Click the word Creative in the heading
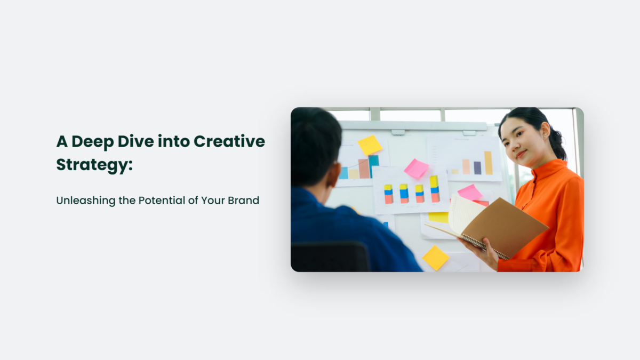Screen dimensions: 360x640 [229, 142]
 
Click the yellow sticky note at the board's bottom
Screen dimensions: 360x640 [436, 258]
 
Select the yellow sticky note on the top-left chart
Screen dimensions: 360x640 [370, 145]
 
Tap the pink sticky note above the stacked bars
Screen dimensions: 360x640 [416, 169]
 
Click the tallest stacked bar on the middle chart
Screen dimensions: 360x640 [434, 189]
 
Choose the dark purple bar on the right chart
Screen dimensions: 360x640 [477, 168]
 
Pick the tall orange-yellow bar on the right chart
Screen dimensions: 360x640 [488, 163]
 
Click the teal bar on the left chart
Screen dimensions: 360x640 [374, 166]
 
